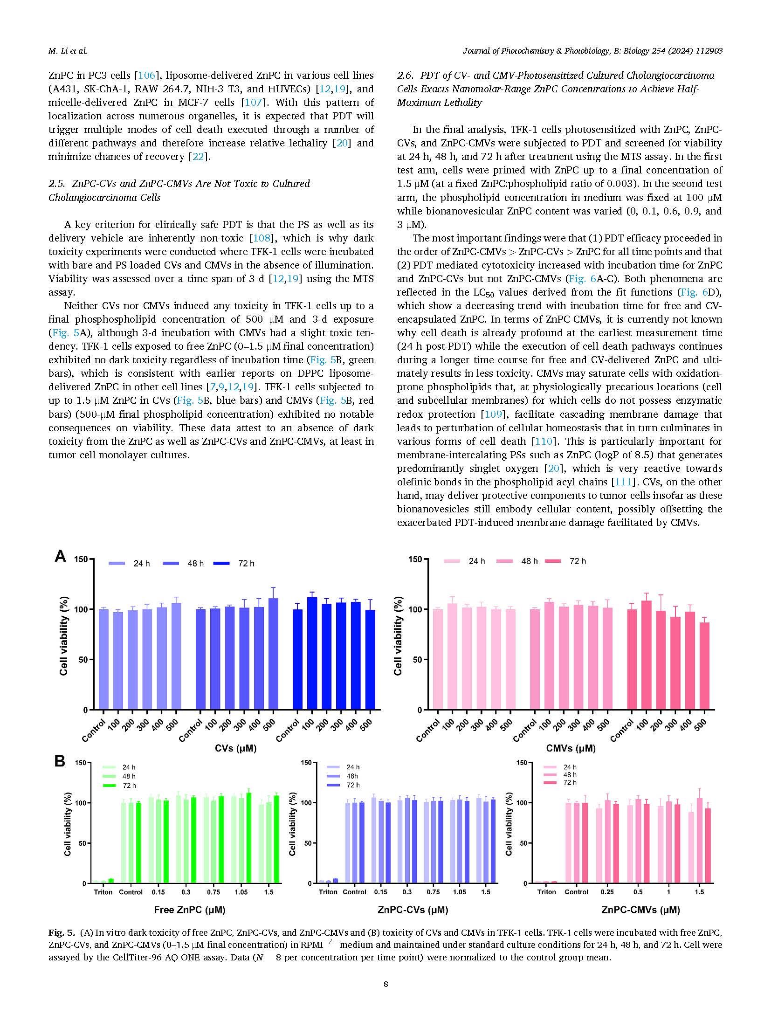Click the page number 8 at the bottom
385,984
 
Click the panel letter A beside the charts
60,556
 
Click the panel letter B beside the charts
60,761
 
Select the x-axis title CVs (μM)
235,748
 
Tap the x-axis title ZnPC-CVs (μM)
413,909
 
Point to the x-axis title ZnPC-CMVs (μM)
640,909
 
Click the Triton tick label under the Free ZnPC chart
103,892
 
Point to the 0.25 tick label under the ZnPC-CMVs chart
607,892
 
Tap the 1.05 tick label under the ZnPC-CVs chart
459,892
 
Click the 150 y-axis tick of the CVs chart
81,559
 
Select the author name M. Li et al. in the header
68,51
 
